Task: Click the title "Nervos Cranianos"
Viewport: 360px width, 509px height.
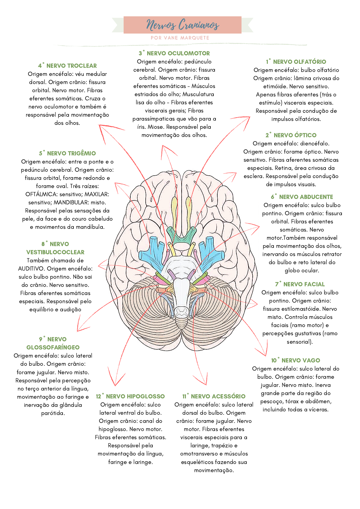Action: click(183, 24)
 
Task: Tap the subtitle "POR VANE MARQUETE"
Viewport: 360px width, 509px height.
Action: click(180, 38)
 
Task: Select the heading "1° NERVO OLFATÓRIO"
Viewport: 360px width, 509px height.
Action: click(296, 62)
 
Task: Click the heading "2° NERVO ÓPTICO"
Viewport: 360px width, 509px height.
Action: click(291, 135)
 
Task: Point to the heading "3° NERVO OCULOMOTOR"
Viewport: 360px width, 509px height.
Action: click(174, 53)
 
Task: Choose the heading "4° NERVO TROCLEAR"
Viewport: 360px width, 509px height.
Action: click(67, 66)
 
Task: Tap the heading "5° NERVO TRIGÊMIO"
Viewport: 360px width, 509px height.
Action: click(67, 153)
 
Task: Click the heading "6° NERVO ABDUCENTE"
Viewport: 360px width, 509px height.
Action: click(302, 197)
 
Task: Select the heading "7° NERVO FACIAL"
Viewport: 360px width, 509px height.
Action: click(300, 284)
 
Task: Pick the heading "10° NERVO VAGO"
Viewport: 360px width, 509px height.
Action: click(295, 360)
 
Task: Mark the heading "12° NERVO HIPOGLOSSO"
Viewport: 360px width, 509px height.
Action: click(130, 396)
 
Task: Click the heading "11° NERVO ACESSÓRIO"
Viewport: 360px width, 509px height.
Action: click(214, 396)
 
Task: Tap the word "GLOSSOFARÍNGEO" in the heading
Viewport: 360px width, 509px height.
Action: click(53, 347)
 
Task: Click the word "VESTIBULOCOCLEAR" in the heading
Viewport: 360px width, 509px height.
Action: click(55, 252)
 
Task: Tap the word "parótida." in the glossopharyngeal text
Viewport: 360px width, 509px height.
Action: click(53, 413)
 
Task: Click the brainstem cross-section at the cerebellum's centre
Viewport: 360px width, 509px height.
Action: click(182, 312)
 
